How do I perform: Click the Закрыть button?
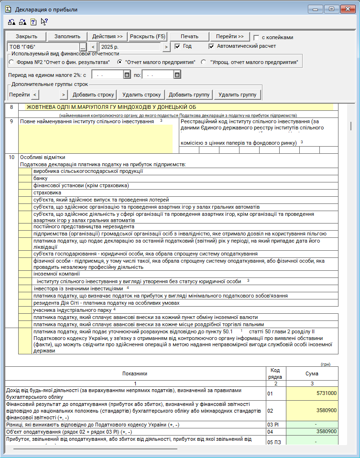[x=26, y=36]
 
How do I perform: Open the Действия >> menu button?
[x=107, y=36]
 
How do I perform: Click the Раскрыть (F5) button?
[x=148, y=36]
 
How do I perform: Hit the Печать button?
[x=190, y=36]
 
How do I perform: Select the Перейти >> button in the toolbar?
[x=229, y=36]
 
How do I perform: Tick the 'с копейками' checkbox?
[x=257, y=37]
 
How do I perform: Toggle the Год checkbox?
[x=177, y=46]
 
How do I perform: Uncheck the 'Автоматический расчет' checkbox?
[x=212, y=46]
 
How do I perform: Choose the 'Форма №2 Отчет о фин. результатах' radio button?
[x=11, y=62]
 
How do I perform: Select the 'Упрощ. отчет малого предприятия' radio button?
[x=204, y=62]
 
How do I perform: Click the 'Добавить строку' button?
[x=94, y=95]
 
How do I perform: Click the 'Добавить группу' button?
[x=189, y=95]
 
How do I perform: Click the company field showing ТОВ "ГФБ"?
[x=43, y=47]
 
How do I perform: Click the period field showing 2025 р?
[x=130, y=47]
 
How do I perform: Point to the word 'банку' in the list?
[x=40, y=178]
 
